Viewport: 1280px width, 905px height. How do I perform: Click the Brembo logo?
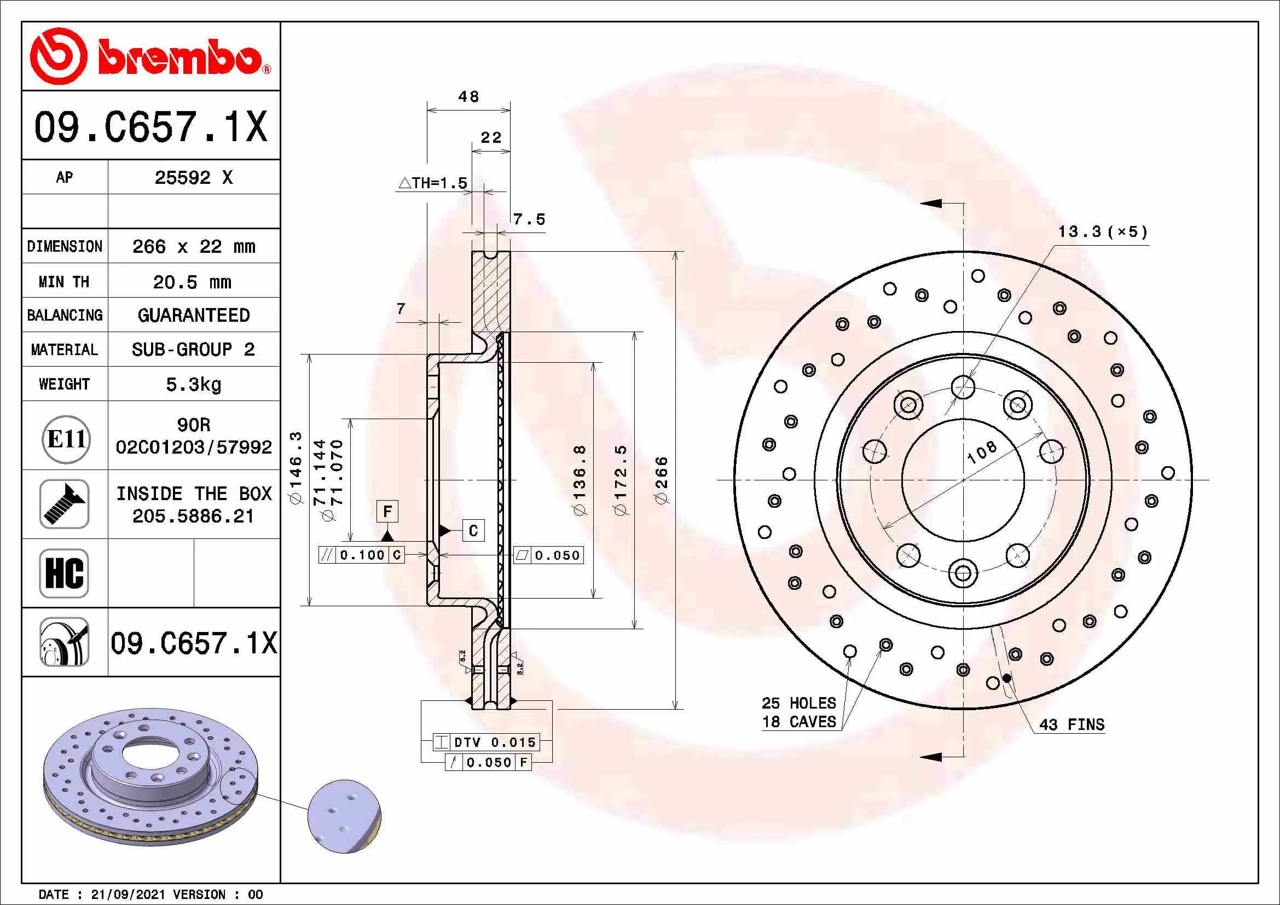[149, 56]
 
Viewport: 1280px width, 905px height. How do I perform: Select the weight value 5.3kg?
[193, 384]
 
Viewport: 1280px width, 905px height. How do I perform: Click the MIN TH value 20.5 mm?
[192, 282]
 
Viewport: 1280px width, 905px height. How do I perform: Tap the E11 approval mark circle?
[66, 439]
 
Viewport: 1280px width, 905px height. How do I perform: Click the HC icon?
[64, 573]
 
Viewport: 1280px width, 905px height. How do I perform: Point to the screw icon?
[64, 504]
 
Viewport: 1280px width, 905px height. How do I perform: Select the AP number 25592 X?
[193, 178]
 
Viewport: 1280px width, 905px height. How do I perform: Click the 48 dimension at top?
[468, 97]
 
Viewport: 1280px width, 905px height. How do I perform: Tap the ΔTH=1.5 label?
[433, 183]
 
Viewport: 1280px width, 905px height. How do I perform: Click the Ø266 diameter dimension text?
[661, 480]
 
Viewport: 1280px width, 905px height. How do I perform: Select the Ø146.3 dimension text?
[296, 468]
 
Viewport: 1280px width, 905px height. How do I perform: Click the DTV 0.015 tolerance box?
[486, 742]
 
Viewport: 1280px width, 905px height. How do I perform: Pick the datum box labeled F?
[387, 511]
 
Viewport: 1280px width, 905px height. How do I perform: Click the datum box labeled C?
[473, 531]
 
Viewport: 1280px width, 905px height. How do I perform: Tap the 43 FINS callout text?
[1071, 724]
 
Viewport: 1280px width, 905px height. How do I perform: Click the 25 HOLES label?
[798, 703]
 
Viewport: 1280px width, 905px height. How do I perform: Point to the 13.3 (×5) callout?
[1103, 231]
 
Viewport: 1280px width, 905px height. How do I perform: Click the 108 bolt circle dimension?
[982, 452]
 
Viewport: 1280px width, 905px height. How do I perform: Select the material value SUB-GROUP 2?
[193, 350]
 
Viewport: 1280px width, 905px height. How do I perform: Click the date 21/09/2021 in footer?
[128, 895]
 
